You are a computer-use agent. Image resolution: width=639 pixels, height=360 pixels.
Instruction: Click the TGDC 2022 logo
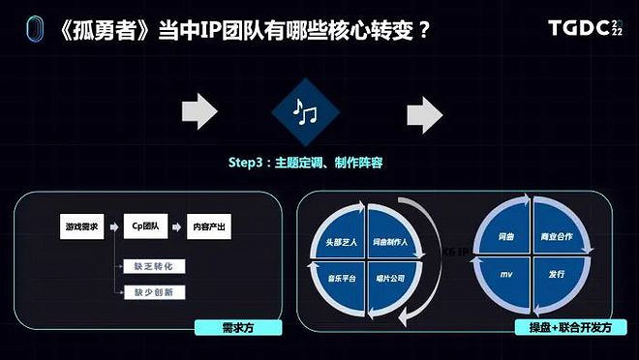click(x=584, y=28)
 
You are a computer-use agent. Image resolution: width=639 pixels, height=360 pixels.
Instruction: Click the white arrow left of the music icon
click(x=199, y=114)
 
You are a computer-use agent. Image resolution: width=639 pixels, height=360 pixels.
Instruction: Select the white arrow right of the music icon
click(x=424, y=115)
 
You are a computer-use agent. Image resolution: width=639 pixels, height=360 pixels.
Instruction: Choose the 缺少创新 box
click(x=154, y=291)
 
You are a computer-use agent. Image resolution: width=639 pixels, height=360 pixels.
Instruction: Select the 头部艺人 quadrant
click(x=337, y=241)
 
